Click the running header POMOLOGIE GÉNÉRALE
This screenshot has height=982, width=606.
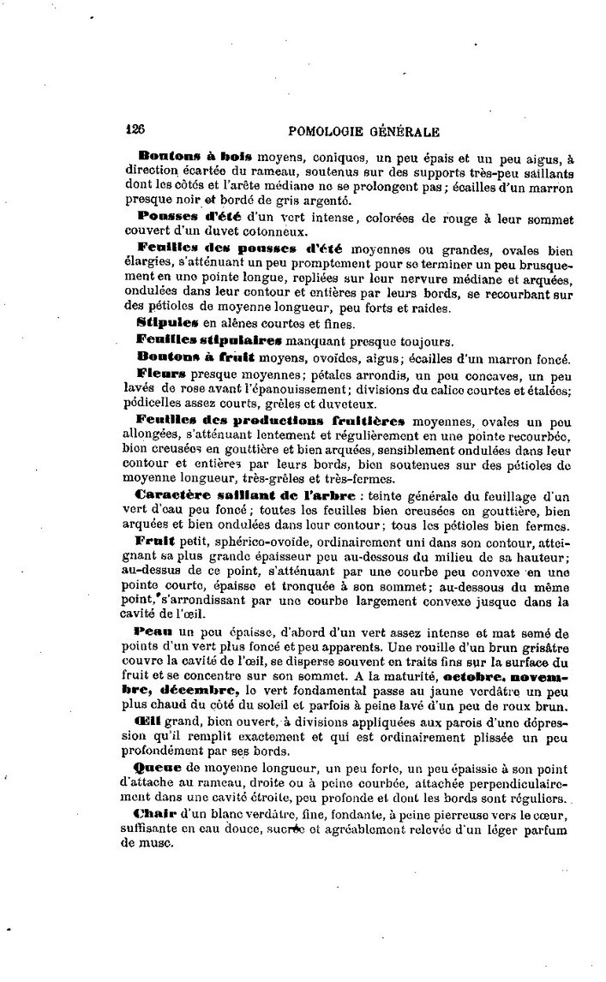tap(365, 132)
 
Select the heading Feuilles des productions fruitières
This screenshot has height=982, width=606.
tap(271, 422)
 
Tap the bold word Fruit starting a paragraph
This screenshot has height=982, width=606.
tap(155, 542)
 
